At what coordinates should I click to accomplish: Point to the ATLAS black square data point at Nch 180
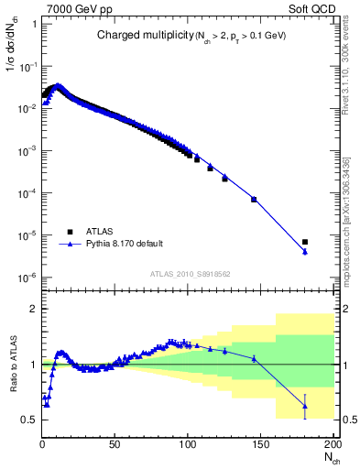[x=304, y=242]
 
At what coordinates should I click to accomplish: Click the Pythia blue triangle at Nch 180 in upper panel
[x=304, y=252]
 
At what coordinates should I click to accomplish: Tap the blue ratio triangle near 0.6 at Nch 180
[x=304, y=406]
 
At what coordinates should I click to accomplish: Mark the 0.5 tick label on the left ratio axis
[x=28, y=420]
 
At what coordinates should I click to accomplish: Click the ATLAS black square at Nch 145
[x=254, y=199]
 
